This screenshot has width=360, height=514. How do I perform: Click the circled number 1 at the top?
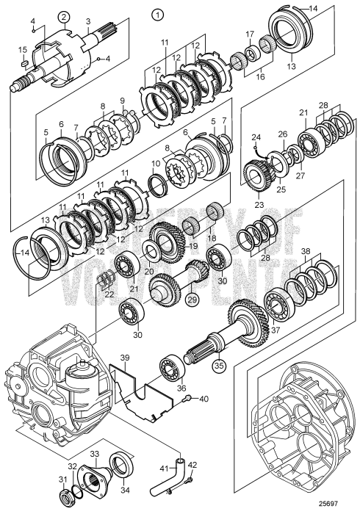[158, 15]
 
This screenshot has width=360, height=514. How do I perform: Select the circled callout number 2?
[65, 16]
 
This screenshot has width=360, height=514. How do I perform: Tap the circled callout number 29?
[192, 299]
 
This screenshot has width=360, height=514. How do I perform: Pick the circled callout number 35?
[220, 365]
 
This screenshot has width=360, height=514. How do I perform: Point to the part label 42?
[192, 465]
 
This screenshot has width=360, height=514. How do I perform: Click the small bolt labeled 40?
[186, 399]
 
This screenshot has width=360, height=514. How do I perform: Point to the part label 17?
[250, 34]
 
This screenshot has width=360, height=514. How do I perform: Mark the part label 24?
[256, 137]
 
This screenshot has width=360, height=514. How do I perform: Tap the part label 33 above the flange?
[95, 454]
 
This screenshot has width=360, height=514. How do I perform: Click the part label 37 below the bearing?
[276, 330]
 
